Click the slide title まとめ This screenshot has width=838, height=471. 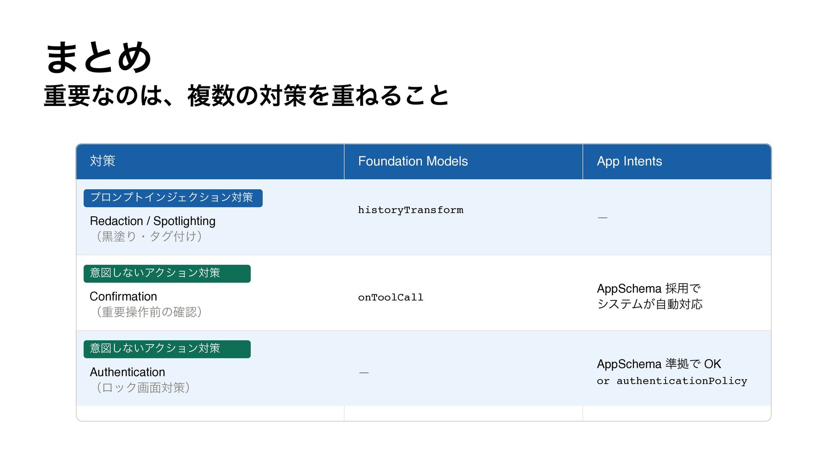coord(99,58)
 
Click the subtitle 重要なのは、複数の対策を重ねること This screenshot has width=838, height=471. coord(247,96)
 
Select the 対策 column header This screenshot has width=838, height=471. coord(103,161)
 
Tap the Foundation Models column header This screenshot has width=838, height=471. coord(413,161)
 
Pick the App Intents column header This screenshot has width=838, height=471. coord(629,161)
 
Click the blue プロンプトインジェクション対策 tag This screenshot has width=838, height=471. coord(173,198)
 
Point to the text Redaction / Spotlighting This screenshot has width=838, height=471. coord(152,221)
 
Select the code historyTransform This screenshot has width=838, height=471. coord(411,210)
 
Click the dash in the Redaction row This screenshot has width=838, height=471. coord(603,218)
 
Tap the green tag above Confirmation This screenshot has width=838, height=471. coord(167,273)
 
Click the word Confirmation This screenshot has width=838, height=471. coord(123,297)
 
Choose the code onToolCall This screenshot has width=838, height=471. coord(391,297)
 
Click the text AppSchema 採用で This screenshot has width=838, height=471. coord(649,289)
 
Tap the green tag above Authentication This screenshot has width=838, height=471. coord(167,349)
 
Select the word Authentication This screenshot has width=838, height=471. coord(127,372)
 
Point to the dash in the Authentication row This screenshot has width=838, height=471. coord(364,373)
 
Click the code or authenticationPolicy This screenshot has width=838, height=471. coord(672,381)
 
